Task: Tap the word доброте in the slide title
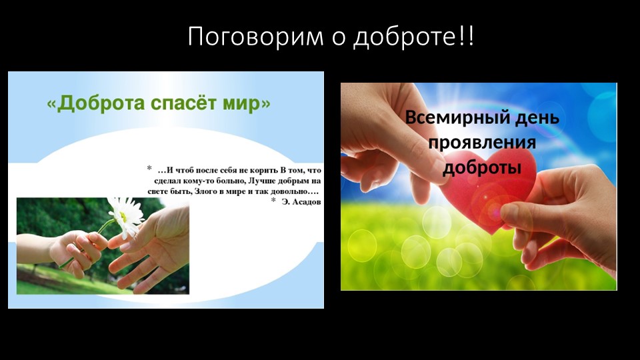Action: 405,37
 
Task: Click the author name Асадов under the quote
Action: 305,201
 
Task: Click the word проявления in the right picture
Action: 482,143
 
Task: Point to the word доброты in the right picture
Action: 482,167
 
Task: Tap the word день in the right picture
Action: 531,119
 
